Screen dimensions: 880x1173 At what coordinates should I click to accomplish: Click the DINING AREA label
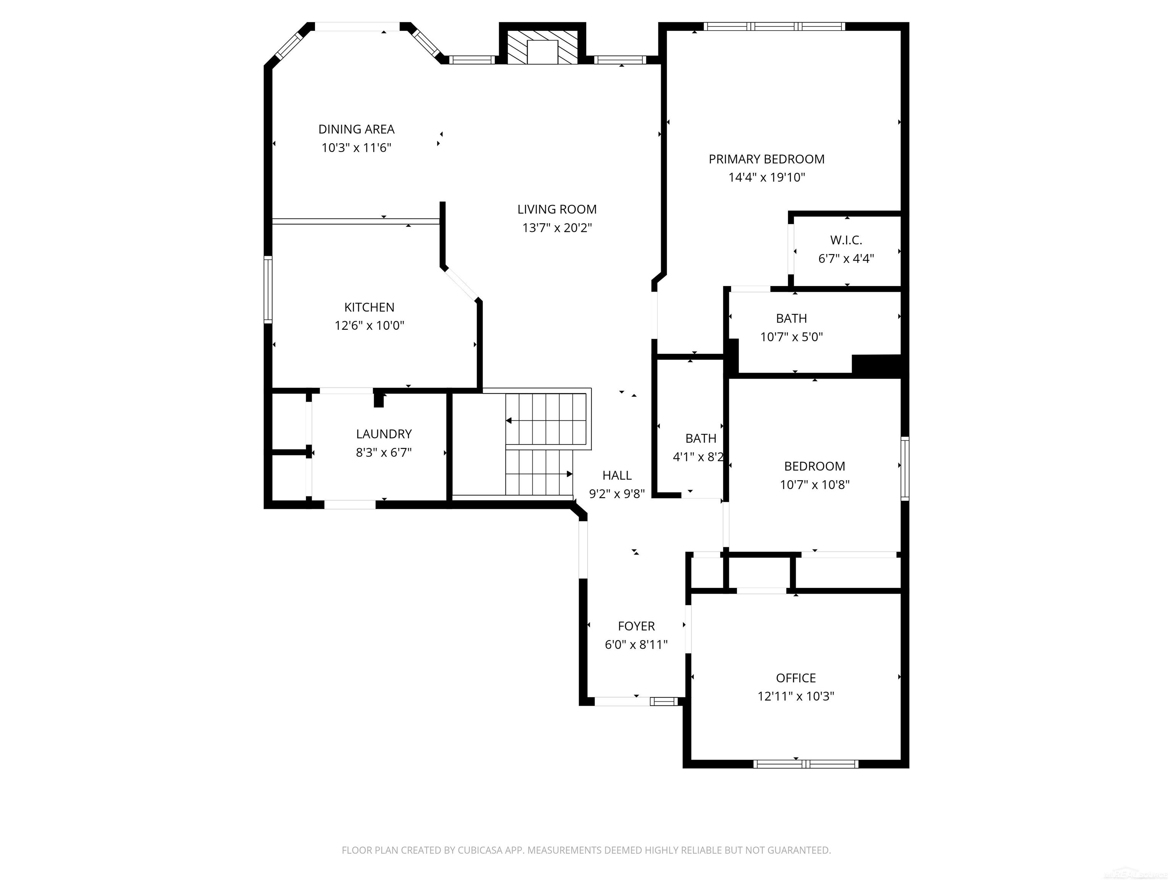pyautogui.click(x=356, y=129)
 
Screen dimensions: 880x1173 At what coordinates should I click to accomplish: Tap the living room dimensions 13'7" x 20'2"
pyautogui.click(x=557, y=228)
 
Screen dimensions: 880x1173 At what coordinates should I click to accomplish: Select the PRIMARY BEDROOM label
pyautogui.click(x=766, y=159)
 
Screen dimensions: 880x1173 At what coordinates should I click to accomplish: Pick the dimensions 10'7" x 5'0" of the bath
pyautogui.click(x=791, y=337)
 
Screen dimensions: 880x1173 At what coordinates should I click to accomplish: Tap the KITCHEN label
pyautogui.click(x=369, y=307)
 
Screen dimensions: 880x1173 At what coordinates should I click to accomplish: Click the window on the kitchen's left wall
pyautogui.click(x=268, y=290)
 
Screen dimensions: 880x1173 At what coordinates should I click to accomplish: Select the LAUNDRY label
pyautogui.click(x=383, y=434)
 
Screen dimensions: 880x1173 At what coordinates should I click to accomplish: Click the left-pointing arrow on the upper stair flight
pyautogui.click(x=509, y=421)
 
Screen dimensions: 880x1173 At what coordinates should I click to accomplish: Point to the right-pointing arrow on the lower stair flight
pyautogui.click(x=569, y=474)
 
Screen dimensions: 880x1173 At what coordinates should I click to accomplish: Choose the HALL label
pyautogui.click(x=617, y=475)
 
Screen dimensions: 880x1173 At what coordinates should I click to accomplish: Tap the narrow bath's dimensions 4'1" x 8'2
pyautogui.click(x=698, y=457)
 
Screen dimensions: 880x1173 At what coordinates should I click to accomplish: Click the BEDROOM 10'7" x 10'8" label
pyautogui.click(x=814, y=466)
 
